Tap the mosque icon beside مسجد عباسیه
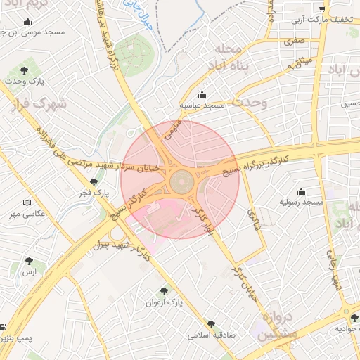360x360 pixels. point(203,95)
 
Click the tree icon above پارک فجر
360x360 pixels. point(94,182)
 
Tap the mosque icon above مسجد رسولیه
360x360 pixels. point(302,191)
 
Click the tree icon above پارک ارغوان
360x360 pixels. point(165,290)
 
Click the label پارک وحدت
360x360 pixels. point(26,81)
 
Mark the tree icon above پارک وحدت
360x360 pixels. point(26,70)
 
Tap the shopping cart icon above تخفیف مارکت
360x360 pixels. point(322,9)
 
